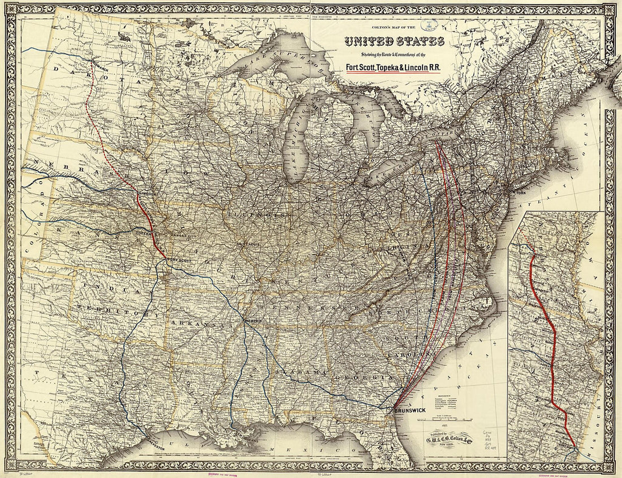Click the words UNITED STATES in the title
[x=395, y=42]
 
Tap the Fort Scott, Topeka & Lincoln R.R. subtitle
[x=394, y=67]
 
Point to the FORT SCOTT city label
[x=179, y=260]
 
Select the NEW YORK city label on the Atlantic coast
[x=519, y=193]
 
